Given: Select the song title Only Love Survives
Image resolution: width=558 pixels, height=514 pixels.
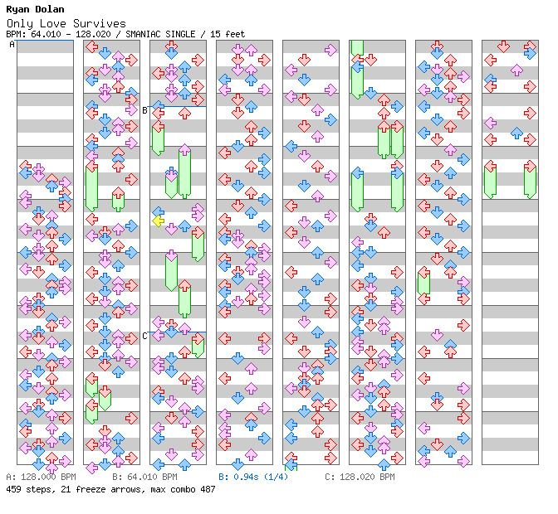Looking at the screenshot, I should [x=66, y=23].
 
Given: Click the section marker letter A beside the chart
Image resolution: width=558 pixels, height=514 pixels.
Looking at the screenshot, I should [x=12, y=45].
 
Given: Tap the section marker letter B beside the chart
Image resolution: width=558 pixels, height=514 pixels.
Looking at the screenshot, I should [x=144, y=109].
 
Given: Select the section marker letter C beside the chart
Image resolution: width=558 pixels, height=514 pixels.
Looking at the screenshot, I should [x=144, y=335].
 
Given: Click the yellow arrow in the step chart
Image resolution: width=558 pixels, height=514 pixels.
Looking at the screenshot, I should [x=158, y=220].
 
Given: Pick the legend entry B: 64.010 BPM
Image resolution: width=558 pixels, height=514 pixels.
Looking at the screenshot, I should [x=144, y=477].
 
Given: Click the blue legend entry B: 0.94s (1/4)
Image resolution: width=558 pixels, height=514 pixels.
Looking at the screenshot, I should [x=253, y=477].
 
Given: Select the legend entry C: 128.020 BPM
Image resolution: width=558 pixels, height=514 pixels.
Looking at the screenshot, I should [x=360, y=477].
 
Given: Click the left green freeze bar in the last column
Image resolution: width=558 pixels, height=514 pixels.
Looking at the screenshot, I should [x=490, y=182].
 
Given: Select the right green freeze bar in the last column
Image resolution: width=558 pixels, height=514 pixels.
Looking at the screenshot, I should [x=530, y=182].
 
